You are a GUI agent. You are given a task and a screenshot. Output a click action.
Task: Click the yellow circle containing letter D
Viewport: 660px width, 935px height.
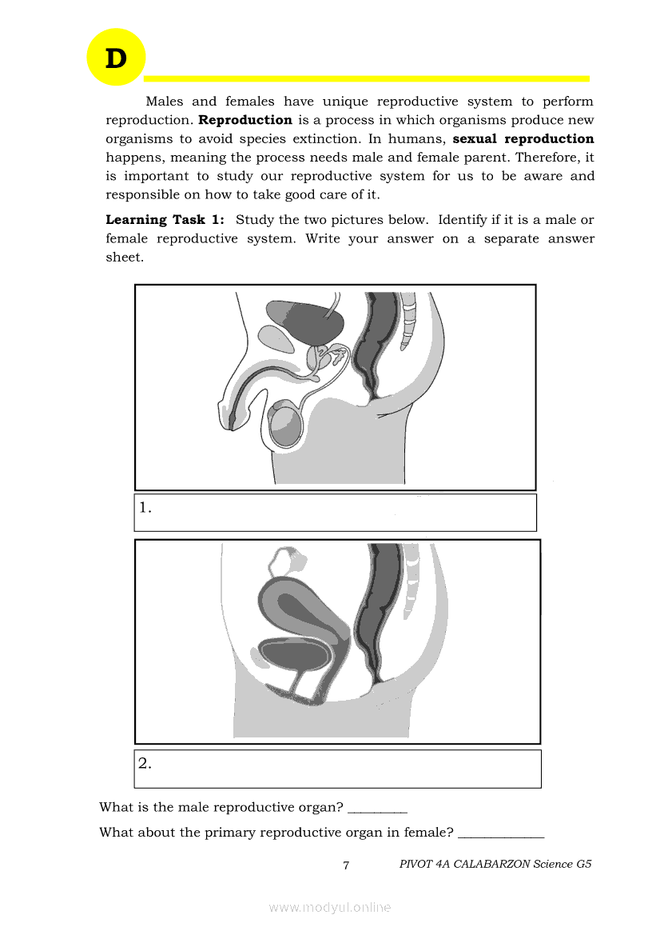(116, 58)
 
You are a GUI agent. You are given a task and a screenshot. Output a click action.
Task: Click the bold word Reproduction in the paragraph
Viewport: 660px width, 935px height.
(245, 120)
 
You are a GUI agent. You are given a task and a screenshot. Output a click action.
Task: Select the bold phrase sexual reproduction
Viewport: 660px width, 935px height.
(523, 138)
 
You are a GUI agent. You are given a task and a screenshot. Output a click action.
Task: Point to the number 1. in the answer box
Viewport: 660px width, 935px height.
(145, 507)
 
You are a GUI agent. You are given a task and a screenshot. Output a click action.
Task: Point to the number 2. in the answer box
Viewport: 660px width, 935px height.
(145, 763)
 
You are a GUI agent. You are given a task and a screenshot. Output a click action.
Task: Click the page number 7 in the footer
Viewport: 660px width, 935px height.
(346, 865)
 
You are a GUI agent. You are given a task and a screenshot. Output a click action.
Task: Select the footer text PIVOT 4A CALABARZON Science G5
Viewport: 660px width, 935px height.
(495, 865)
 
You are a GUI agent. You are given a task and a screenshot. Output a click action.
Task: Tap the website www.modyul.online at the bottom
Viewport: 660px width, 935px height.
(330, 908)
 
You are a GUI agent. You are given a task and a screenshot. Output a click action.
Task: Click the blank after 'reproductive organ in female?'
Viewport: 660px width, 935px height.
(501, 833)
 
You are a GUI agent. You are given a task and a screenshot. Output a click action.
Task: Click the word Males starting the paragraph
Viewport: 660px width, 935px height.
(165, 102)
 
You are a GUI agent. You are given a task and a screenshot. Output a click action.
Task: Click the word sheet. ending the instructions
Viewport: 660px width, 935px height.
(125, 257)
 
